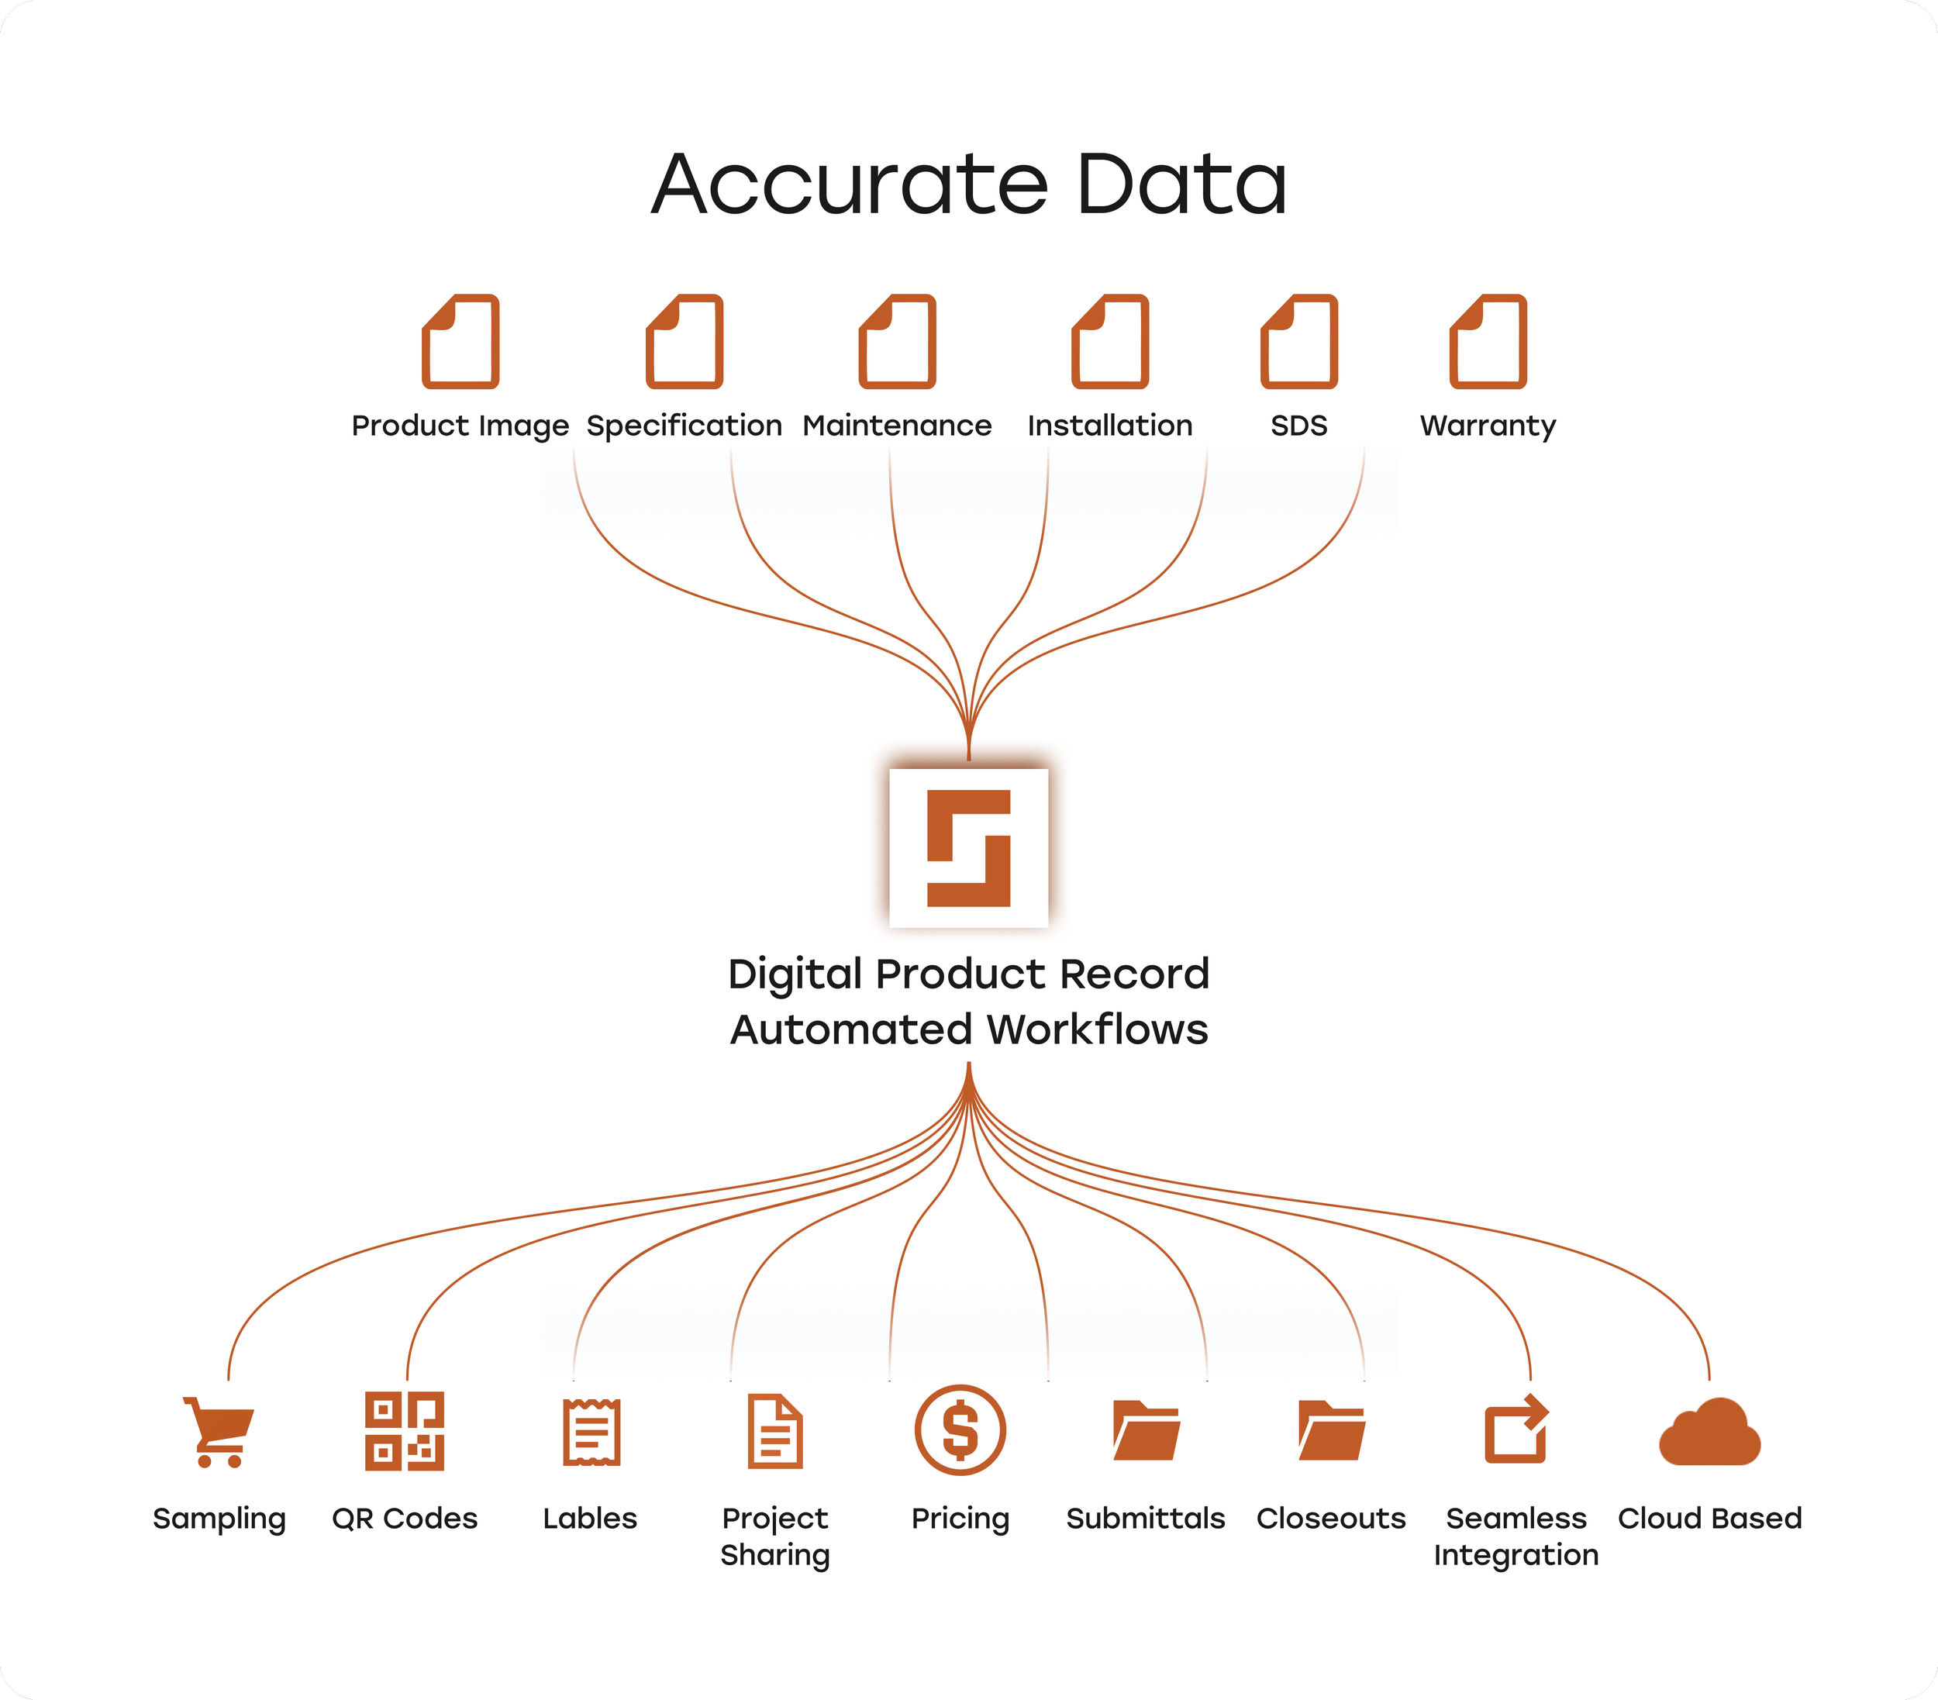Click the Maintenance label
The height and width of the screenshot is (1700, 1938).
tap(897, 426)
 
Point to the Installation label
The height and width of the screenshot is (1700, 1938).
tap(1110, 426)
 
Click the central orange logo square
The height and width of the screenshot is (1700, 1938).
tap(968, 847)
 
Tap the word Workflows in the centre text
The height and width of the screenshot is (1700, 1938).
tap(1097, 1029)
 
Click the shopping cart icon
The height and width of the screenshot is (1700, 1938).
tap(220, 1432)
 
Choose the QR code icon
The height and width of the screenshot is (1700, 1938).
tap(405, 1431)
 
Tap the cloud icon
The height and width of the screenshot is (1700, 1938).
tap(1709, 1433)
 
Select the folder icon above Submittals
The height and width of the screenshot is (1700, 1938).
tap(1147, 1431)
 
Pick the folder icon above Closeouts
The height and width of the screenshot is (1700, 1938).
tap(1331, 1431)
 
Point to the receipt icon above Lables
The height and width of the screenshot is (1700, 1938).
tap(591, 1432)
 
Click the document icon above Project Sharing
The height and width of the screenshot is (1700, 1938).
tap(775, 1431)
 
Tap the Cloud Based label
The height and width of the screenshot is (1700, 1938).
tap(1709, 1518)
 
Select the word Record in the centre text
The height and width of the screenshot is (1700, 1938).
tap(1134, 974)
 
